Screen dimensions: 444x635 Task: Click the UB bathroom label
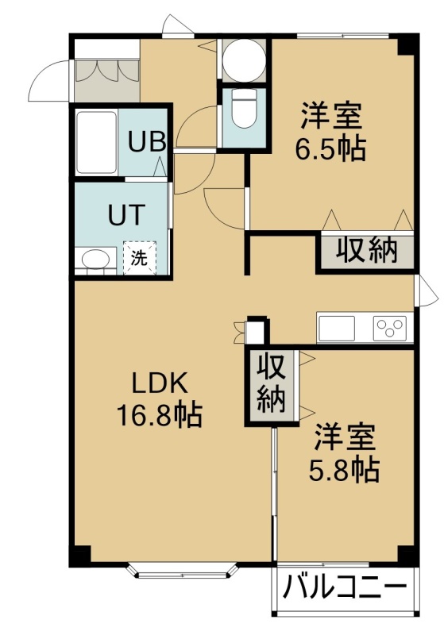147,141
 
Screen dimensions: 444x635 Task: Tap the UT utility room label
127,214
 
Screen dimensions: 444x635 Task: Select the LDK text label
160,383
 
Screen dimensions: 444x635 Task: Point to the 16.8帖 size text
159,415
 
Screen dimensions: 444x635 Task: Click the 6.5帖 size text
330,148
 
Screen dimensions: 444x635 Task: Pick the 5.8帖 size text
345,470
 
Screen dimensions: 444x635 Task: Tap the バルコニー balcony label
345,586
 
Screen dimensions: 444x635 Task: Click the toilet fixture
244,107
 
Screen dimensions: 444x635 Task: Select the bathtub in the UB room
96,142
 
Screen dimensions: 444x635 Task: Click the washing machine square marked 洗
140,258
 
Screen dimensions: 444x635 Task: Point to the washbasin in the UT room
95,259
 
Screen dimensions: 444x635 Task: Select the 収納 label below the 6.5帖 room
367,250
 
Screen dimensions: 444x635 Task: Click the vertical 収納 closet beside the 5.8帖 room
272,387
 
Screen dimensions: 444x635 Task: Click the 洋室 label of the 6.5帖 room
330,116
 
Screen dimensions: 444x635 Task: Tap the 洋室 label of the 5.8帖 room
345,437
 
